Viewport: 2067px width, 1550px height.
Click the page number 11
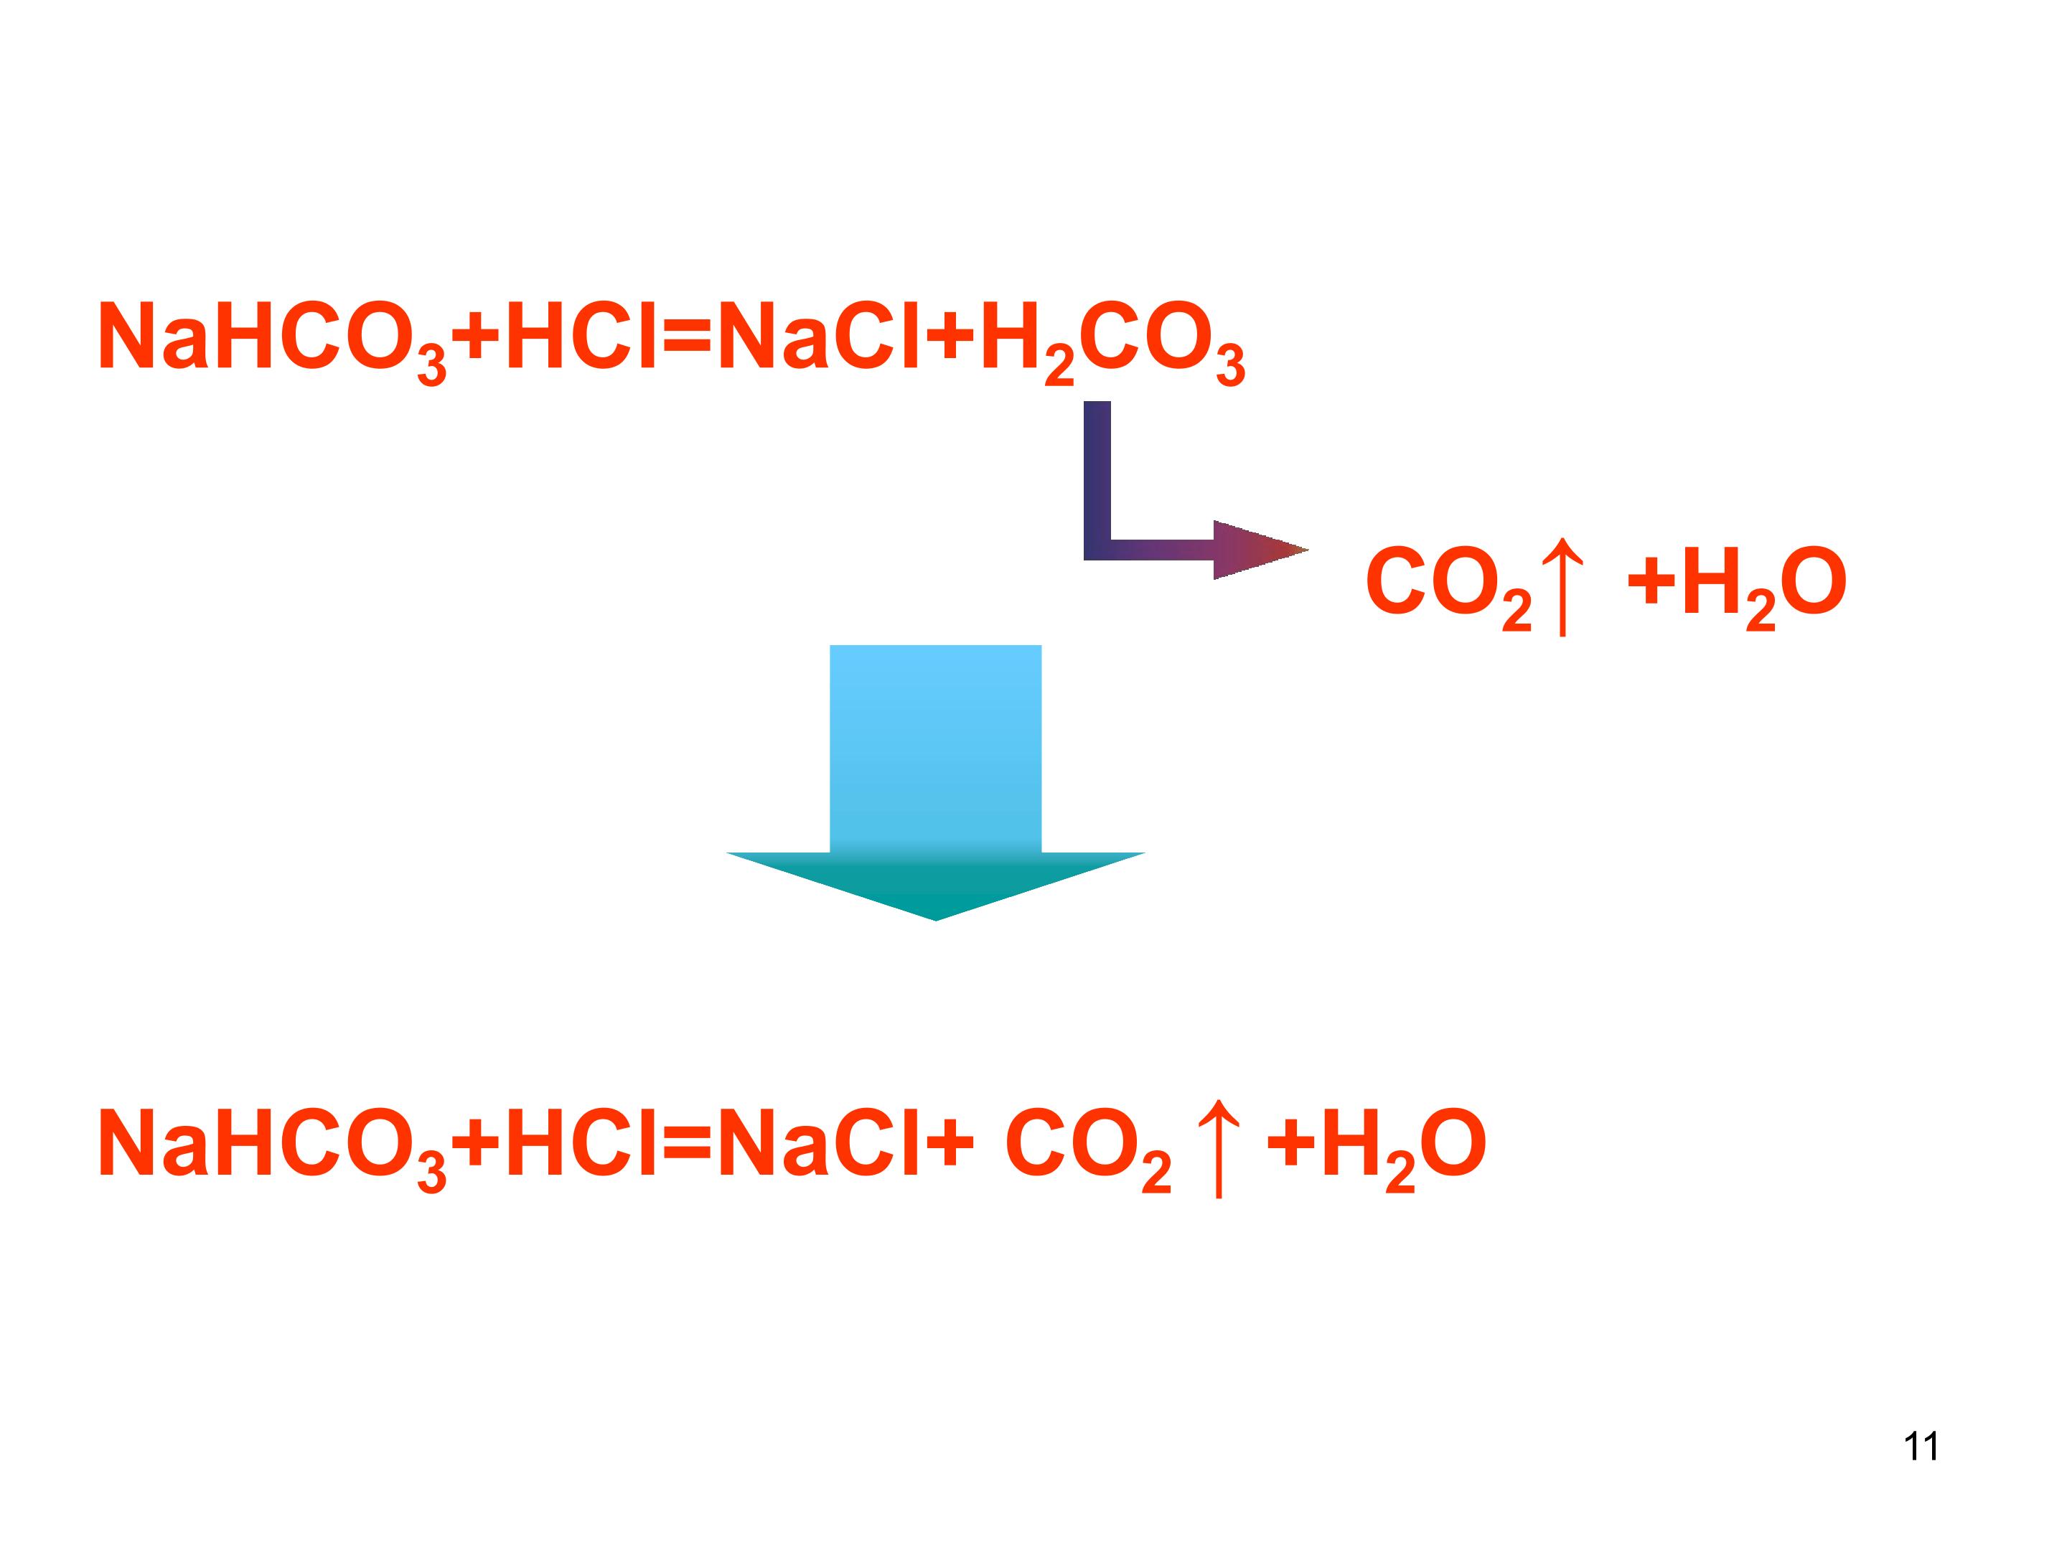[x=1921, y=1446]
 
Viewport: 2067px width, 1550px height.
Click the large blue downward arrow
[x=935, y=782]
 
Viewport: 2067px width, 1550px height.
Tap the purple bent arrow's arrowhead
[x=1260, y=550]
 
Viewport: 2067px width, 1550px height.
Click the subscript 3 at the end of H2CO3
[x=1231, y=365]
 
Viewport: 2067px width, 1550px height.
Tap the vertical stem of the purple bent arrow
[x=1097, y=480]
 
